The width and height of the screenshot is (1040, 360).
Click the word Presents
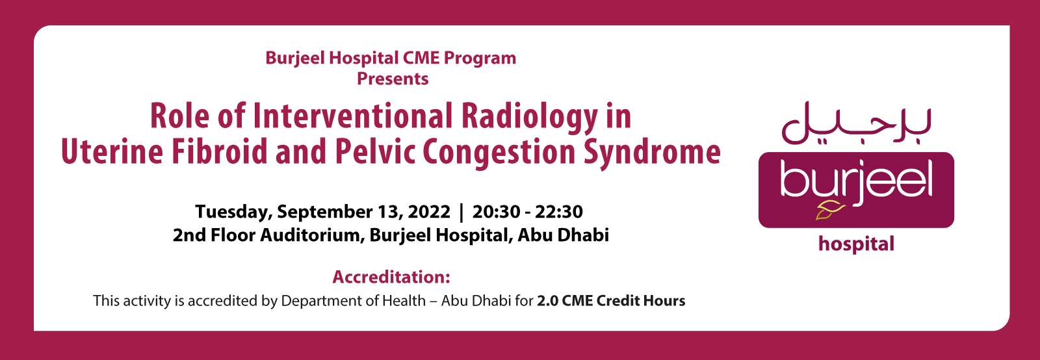393,79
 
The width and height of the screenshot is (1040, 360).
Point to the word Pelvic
375,151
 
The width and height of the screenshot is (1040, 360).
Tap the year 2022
429,212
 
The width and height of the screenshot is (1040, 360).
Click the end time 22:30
559,212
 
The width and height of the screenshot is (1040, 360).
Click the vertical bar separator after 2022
461,212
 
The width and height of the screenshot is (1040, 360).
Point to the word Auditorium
309,235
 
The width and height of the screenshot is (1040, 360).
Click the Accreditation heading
391,277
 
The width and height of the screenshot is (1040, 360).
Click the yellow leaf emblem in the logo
830,211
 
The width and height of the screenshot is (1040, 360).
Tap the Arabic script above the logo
856,123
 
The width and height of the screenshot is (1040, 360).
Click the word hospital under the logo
856,244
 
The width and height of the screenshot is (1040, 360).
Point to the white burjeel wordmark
856,181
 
